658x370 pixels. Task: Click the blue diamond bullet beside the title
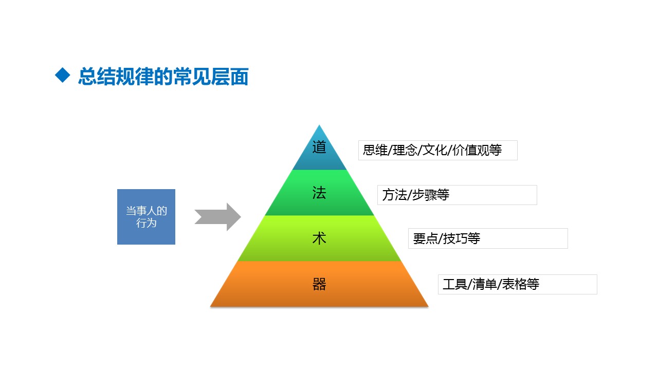point(63,75)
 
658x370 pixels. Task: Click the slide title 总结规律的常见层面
point(163,77)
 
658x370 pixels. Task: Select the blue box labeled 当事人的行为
point(146,217)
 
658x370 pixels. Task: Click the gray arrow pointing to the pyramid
point(217,217)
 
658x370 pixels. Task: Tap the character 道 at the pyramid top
point(319,147)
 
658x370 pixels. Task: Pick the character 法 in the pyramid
point(319,193)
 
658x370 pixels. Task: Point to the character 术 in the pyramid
point(319,238)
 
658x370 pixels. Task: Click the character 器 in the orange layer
point(319,284)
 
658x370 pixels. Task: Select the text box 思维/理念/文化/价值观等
point(437,151)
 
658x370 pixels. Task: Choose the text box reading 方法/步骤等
point(457,195)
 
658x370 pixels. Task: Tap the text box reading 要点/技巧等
point(488,238)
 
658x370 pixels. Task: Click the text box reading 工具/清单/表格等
point(517,284)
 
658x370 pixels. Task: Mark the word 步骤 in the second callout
point(424,195)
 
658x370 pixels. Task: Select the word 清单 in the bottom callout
point(485,284)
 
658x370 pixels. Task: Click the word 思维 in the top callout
point(375,150)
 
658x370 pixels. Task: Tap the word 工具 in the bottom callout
point(455,284)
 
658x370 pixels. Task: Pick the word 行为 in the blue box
point(146,223)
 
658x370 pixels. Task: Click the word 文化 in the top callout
point(435,150)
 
